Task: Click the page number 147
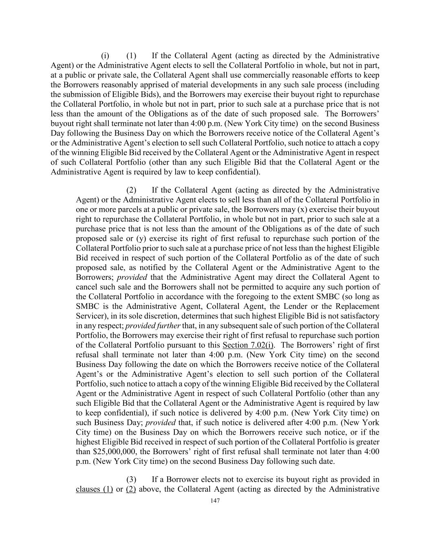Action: (x=215, y=501)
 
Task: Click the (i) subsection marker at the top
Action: (x=105, y=55)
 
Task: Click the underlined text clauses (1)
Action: (x=94, y=489)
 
